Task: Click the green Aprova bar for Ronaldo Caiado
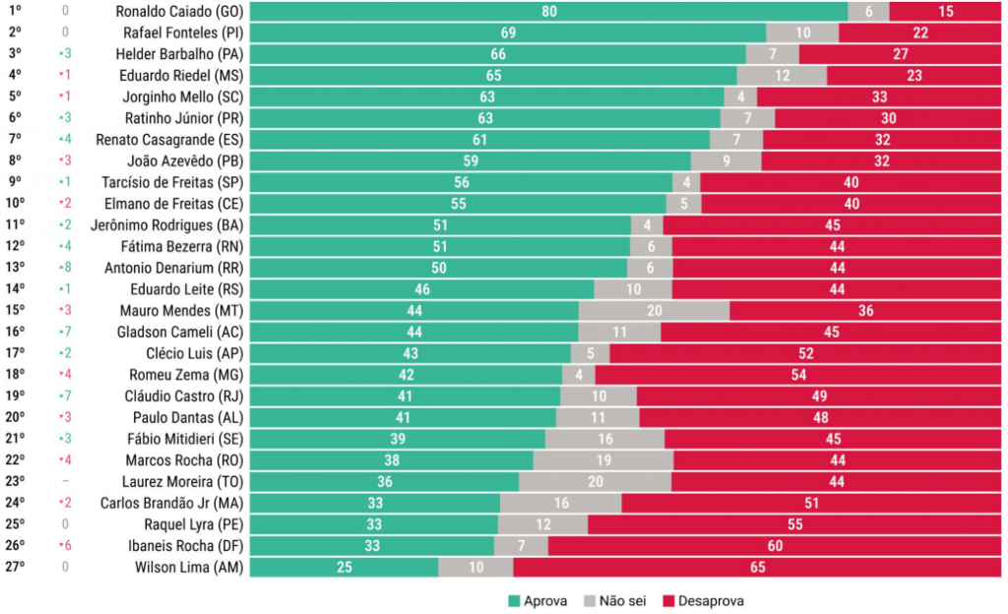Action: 548,12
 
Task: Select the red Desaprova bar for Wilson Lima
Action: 758,567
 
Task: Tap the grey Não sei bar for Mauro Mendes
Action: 654,311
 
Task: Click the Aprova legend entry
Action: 538,600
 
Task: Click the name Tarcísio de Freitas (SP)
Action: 172,183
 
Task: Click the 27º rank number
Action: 15,567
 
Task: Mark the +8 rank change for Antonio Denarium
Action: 64,268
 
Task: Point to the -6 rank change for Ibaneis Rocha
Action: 64,546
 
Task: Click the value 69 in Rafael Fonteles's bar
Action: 508,32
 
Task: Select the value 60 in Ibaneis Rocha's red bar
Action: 776,546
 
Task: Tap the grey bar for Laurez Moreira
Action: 595,482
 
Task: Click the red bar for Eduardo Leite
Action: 838,289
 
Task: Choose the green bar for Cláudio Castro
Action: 405,397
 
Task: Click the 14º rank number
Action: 15,289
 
